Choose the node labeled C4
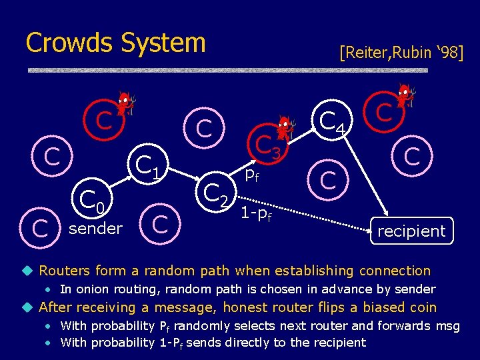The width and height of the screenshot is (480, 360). click(331, 122)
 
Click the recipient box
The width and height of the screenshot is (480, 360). click(411, 231)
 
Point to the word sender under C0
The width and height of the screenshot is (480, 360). click(96, 229)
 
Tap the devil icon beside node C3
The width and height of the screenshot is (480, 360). click(286, 127)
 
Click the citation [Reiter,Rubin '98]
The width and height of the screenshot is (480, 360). click(401, 52)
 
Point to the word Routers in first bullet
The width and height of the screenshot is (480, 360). click(65, 271)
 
